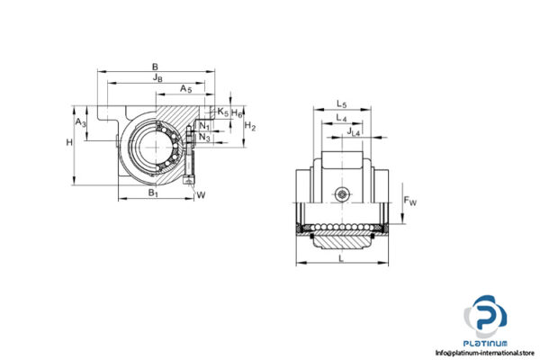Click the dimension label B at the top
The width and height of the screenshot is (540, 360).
156,66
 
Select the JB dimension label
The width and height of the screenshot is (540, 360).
158,78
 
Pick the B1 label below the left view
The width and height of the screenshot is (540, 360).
153,193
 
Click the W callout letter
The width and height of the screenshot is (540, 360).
201,193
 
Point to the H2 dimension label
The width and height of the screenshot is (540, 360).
251,127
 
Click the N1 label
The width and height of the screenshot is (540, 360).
205,126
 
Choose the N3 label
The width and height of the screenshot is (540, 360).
205,138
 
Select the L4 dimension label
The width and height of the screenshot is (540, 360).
341,120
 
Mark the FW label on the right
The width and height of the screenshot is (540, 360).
410,201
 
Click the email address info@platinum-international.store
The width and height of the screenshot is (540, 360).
486,353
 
